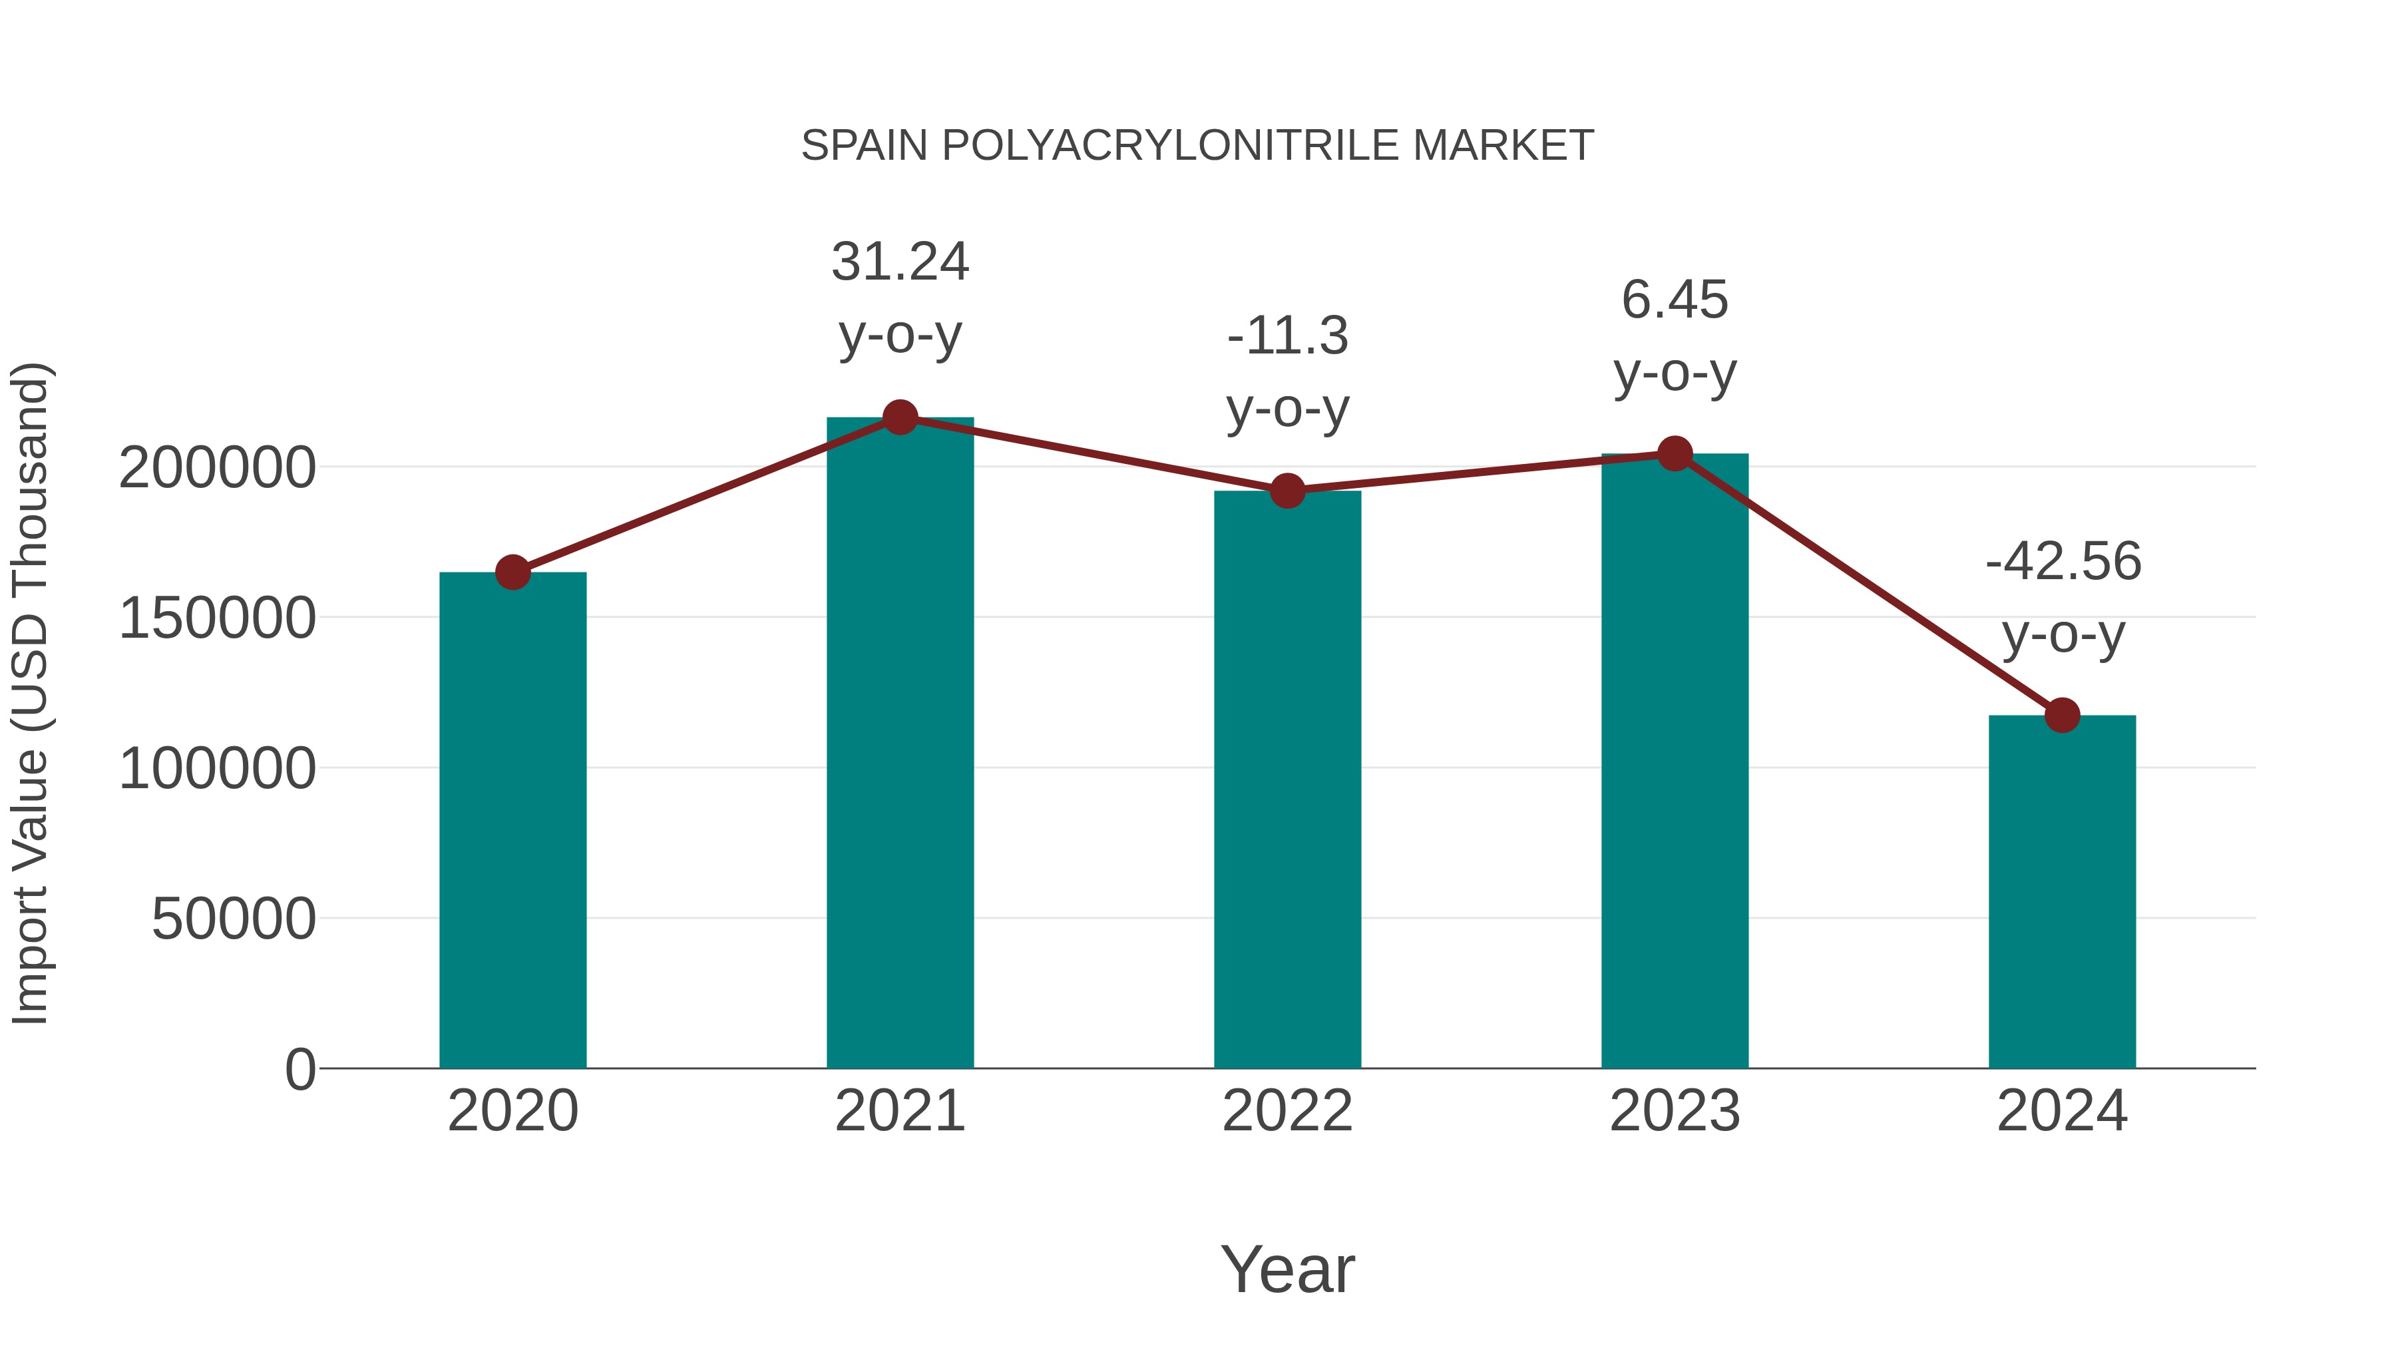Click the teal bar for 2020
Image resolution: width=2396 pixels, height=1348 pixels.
point(512,819)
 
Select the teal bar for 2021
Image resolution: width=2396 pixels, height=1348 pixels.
point(899,744)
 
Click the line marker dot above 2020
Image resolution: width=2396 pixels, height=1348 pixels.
point(512,572)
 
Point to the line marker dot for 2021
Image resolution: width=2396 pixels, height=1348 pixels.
point(899,417)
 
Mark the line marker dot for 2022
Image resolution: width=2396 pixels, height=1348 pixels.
point(1287,490)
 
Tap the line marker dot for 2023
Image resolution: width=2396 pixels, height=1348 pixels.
point(1675,454)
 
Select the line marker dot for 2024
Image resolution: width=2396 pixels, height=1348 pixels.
point(2062,716)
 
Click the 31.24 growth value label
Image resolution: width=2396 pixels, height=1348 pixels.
point(899,262)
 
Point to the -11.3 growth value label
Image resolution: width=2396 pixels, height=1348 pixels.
point(1287,336)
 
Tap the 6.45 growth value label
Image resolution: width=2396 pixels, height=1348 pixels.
point(1675,300)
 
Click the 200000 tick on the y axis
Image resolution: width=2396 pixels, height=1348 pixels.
point(217,467)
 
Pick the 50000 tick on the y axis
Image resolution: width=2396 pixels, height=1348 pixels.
point(234,919)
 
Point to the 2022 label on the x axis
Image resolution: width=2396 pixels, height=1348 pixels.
point(1287,1111)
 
